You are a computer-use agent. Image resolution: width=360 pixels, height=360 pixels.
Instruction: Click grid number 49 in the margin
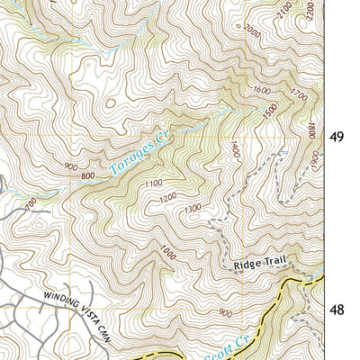[337, 138]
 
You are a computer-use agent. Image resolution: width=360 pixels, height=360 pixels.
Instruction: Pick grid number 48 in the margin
[337, 310]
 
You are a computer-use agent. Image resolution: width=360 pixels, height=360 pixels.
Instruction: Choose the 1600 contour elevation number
[262, 90]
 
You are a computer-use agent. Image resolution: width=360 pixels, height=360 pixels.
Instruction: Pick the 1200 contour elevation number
[167, 198]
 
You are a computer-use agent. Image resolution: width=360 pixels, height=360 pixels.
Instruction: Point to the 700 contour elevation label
[33, 206]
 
